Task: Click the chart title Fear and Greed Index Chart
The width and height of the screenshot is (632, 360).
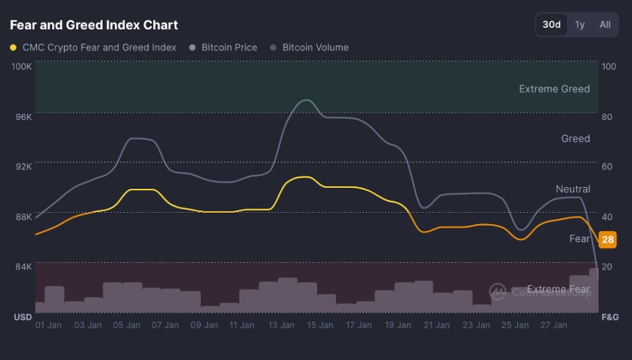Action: pos(94,25)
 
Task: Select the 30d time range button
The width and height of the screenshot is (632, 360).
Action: pos(552,24)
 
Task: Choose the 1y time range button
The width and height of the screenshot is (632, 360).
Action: pos(580,24)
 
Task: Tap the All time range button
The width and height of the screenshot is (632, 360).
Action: pos(605,24)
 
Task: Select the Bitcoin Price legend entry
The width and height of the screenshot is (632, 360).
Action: pos(229,48)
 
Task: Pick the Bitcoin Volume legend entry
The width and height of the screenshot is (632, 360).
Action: pos(315,48)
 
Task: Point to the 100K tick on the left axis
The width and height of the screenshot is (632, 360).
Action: pos(21,66)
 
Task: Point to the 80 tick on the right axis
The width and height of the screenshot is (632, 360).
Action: pos(607,117)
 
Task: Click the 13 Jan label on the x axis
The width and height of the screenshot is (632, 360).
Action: pos(281,325)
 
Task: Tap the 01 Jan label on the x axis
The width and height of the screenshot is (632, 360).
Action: pos(49,325)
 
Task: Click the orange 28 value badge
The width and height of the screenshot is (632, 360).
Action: pos(607,240)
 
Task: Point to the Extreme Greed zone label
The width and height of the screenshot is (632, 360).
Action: pos(554,89)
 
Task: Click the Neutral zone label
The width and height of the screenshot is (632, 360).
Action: pos(572,189)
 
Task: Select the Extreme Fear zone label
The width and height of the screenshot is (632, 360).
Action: pos(558,289)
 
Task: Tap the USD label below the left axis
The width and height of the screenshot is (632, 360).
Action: pos(23,317)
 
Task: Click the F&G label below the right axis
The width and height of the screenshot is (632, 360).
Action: pos(609,317)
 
